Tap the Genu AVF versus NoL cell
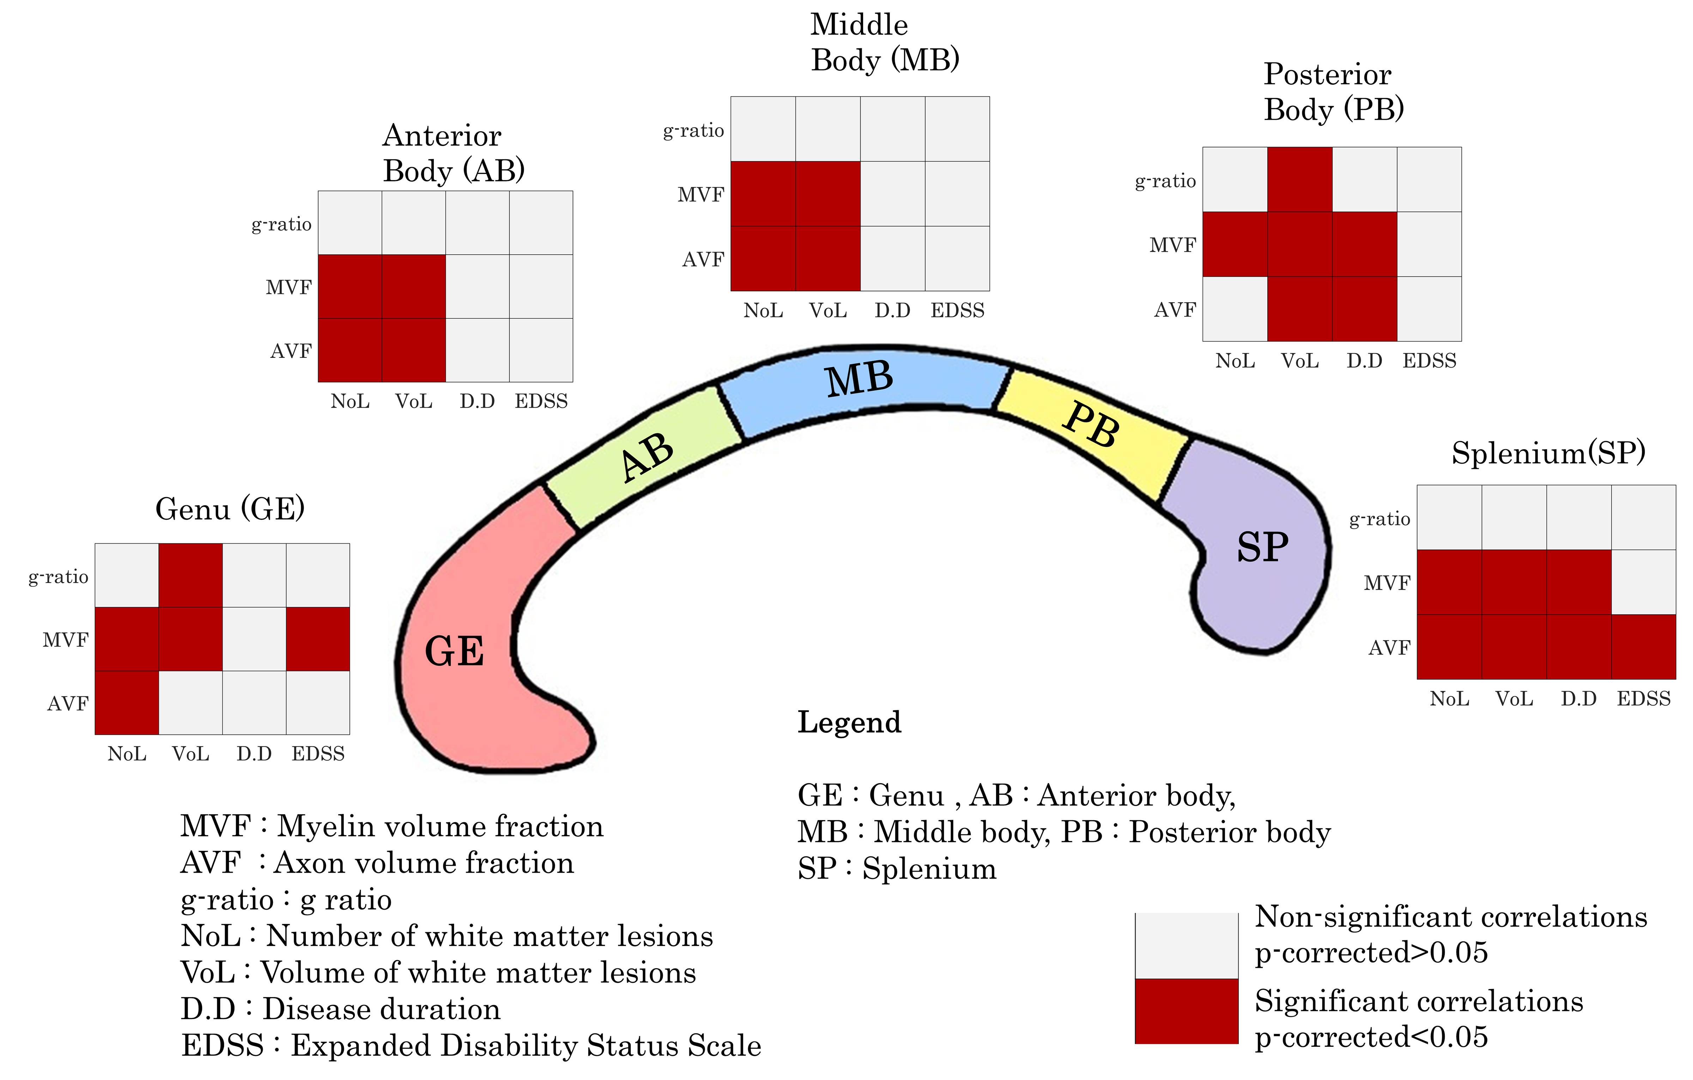tap(127, 703)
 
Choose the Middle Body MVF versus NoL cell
tap(763, 194)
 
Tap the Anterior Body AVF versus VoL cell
tap(413, 350)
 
